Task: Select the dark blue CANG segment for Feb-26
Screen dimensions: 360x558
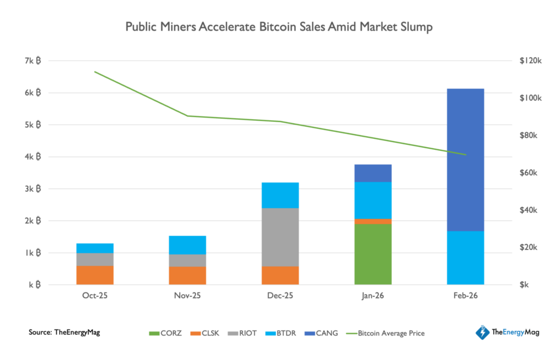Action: [x=465, y=160]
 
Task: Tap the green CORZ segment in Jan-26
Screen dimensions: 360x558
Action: [x=373, y=254]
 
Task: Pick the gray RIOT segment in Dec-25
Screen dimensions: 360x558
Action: [x=280, y=237]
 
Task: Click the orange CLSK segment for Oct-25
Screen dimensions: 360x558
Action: [x=95, y=275]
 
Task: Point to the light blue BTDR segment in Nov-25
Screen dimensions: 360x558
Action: [x=187, y=245]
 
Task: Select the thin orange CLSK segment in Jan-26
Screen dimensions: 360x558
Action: [x=373, y=221]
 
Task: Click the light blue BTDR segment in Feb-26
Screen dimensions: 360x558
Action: [x=465, y=258]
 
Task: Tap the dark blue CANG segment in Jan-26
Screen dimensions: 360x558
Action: [x=373, y=173]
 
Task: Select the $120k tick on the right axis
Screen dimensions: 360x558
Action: [x=530, y=61]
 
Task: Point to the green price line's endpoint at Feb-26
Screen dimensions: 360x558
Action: [x=466, y=155]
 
